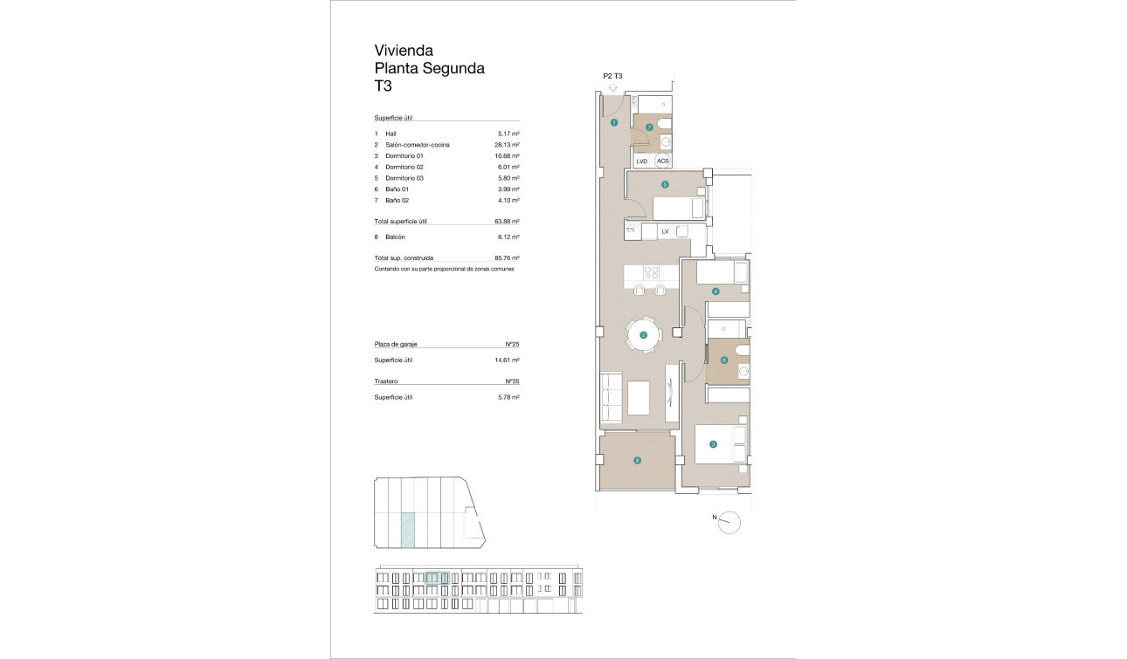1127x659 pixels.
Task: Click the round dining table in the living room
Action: [644, 335]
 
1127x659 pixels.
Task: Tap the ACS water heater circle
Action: [662, 161]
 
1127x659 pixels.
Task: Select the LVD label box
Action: [642, 161]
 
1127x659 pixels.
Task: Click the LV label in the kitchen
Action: [665, 230]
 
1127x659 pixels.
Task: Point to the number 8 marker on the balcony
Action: [637, 461]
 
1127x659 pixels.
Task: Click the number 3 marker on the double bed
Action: [713, 445]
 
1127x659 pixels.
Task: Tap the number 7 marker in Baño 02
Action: [649, 127]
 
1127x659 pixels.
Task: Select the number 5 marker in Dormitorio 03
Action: [665, 184]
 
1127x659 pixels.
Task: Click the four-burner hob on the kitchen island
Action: [651, 272]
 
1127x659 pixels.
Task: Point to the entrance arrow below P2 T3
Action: [612, 87]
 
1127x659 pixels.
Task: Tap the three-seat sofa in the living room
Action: [611, 398]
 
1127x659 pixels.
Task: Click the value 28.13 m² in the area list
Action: [507, 145]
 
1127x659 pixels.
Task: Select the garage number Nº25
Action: [513, 345]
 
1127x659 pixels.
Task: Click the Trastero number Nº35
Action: [513, 381]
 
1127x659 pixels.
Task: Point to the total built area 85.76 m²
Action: [507, 258]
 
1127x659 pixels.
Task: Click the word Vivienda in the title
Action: [404, 51]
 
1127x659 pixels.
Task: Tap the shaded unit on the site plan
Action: [407, 530]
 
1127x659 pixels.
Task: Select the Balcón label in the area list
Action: [396, 237]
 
